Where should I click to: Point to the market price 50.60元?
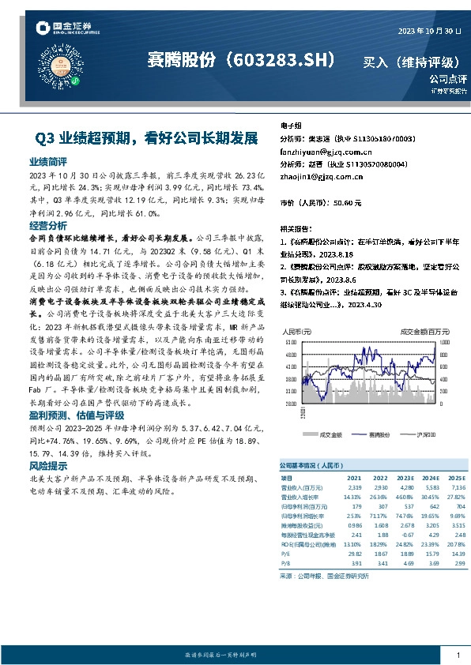349,203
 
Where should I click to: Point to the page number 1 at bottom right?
458,655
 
